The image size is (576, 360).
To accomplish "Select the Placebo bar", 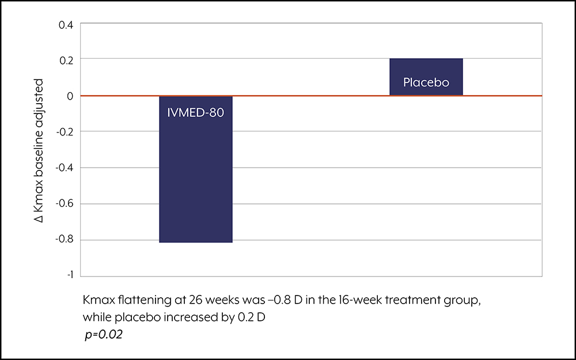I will click(426, 77).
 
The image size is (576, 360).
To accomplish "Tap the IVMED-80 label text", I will click(196, 112).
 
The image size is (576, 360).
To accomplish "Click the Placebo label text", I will click(426, 82).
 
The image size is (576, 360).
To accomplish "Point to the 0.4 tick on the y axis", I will click(66, 25).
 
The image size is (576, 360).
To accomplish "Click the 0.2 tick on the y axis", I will click(66, 60).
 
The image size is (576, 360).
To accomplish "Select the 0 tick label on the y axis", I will click(70, 96).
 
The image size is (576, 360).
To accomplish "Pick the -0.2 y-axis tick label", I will click(65, 132).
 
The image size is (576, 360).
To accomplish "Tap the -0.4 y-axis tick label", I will click(65, 168).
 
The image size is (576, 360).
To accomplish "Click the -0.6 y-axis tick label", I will click(65, 204).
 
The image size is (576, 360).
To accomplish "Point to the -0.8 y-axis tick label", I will click(65, 240).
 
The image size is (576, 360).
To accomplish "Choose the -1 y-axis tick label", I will click(69, 275).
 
